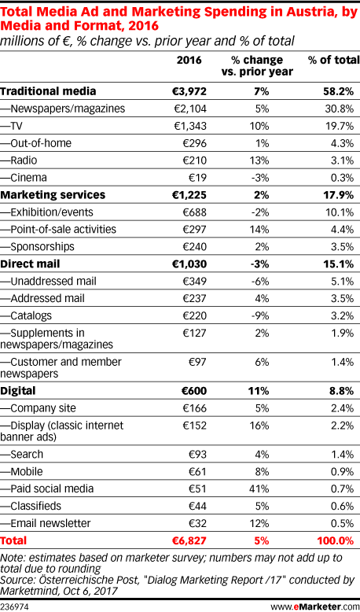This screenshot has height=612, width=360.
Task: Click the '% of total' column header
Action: point(333,60)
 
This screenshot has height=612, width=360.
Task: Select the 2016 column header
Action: point(189,60)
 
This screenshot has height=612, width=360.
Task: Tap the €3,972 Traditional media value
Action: point(189,92)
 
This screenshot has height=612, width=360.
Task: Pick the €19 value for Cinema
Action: point(197,178)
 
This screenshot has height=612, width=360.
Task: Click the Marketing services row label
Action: point(53,195)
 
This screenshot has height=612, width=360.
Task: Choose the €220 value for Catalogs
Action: point(194,315)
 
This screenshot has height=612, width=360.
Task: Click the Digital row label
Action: point(18,391)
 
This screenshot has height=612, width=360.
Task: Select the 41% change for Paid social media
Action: point(259,488)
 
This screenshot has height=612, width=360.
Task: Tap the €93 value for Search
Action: point(197,455)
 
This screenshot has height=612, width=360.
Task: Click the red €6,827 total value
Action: point(189,540)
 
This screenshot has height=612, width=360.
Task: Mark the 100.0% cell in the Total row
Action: point(336,540)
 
